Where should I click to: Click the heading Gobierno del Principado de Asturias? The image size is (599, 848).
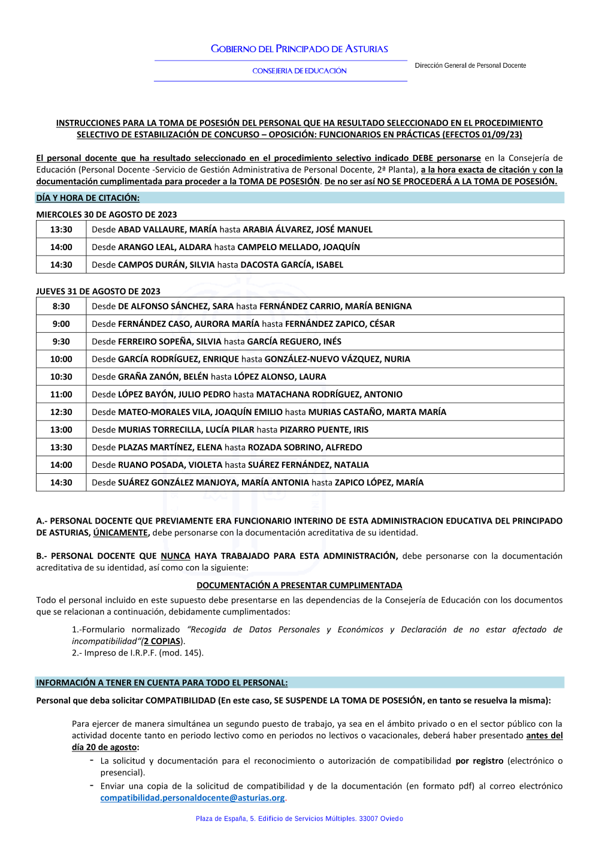click(x=299, y=49)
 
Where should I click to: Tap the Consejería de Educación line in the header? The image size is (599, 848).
click(x=299, y=71)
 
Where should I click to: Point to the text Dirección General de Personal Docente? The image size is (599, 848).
click(x=470, y=65)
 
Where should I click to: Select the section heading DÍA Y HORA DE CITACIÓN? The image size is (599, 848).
click(x=87, y=198)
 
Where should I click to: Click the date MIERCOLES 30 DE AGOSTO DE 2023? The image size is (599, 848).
click(x=107, y=215)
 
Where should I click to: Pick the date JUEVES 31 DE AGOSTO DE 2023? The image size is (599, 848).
click(x=98, y=291)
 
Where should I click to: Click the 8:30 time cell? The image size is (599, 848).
click(x=61, y=306)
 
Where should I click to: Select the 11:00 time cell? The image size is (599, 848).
click(x=61, y=395)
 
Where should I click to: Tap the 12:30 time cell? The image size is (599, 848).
click(x=61, y=412)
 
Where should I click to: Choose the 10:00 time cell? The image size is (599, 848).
click(x=61, y=359)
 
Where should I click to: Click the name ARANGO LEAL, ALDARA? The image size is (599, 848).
click(x=165, y=247)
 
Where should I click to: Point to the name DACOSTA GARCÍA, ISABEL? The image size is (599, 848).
click(x=292, y=265)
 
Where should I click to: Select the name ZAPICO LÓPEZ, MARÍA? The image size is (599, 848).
click(x=379, y=483)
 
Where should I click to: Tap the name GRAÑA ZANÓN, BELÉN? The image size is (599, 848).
click(x=163, y=377)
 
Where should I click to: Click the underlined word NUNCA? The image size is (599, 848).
click(x=176, y=557)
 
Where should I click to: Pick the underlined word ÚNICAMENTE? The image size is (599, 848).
click(x=121, y=533)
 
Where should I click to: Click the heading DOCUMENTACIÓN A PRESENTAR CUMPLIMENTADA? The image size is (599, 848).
click(x=299, y=586)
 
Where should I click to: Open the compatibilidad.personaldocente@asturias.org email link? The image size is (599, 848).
click(x=192, y=798)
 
